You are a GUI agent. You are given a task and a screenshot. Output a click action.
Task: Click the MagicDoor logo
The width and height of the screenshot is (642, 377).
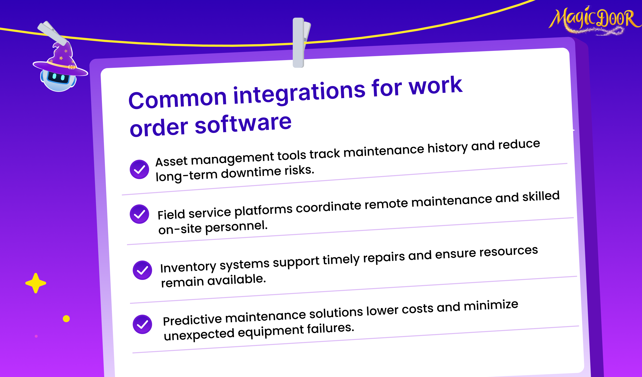pos(595,20)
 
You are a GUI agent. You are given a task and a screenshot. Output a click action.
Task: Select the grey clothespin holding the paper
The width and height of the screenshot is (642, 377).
pos(301,43)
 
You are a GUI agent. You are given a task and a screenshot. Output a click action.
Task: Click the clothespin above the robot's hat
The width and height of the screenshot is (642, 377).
pos(53,32)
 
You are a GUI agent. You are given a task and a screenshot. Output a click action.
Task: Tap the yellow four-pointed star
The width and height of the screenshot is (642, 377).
pos(36,283)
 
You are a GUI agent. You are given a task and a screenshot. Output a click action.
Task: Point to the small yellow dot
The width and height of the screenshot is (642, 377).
pos(66,319)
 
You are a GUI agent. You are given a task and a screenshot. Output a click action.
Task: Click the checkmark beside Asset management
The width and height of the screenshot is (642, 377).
pos(139,169)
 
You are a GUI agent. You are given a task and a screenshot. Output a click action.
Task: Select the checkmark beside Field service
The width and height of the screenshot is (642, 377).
pos(139,214)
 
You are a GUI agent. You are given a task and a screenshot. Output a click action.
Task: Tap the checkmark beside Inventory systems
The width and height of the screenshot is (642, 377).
pos(142,270)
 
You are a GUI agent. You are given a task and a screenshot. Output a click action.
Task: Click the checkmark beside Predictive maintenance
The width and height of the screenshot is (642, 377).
pos(142,324)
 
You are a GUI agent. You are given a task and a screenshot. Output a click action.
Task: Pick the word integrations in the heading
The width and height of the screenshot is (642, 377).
pos(300,93)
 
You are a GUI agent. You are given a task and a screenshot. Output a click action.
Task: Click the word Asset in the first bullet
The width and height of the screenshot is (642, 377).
pos(171,161)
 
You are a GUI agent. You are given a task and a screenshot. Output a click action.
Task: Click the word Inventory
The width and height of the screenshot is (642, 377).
pos(188,267)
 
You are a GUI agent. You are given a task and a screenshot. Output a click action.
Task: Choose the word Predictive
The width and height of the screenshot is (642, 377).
pos(193,320)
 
